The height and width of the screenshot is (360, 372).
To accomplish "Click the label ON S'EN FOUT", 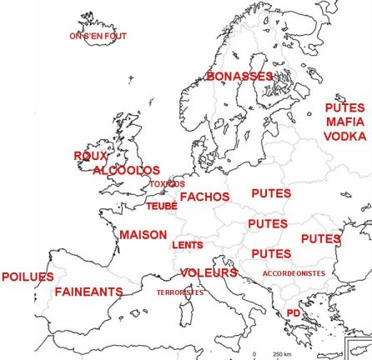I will [x=93, y=36].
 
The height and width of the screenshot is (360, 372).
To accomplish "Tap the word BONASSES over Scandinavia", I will [x=239, y=77].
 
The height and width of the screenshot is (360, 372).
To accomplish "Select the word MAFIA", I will [x=344, y=122].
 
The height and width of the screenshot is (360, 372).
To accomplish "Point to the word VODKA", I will [x=344, y=135].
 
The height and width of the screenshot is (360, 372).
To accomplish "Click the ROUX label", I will [x=91, y=156].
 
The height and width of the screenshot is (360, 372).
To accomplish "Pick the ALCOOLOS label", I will [x=126, y=170].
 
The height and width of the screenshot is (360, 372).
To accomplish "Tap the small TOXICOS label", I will [x=167, y=183].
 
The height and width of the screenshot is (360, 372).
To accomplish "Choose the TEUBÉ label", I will [x=161, y=205].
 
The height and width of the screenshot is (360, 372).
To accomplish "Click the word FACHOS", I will [x=204, y=197].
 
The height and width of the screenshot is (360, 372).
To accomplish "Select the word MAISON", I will [x=143, y=235].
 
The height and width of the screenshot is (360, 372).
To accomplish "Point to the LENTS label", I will [x=187, y=246].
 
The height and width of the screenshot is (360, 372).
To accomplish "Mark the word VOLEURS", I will [x=209, y=272].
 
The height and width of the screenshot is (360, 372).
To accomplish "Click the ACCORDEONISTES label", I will [x=294, y=272].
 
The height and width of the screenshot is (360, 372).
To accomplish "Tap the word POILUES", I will [x=28, y=277].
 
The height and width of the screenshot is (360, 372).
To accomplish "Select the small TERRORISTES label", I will [x=179, y=292].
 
